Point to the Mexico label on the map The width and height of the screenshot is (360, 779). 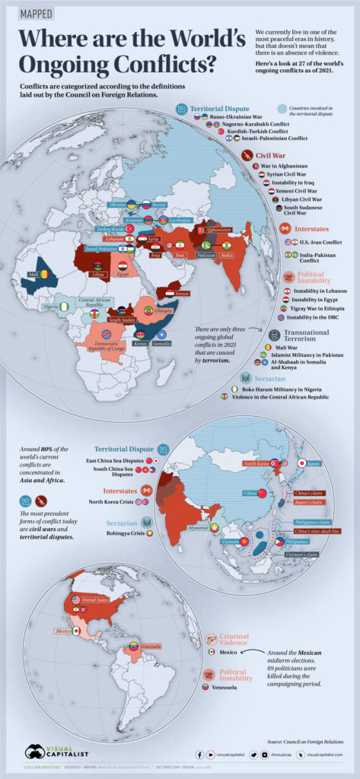click(x=63, y=631)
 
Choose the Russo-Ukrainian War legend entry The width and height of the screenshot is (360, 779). click(x=242, y=117)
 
